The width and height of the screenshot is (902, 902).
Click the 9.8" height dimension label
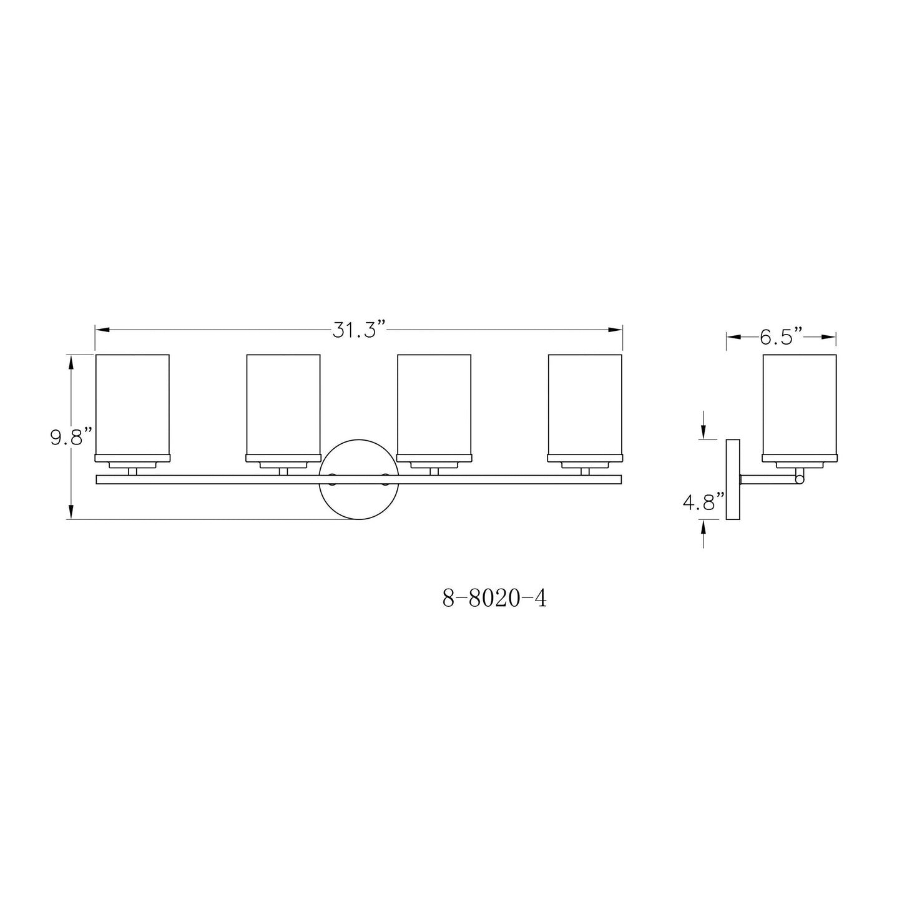click(x=71, y=436)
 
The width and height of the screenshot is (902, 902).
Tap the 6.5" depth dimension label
click(x=780, y=337)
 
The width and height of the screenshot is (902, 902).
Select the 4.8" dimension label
click(x=703, y=502)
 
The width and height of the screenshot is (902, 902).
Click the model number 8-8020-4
click(x=494, y=599)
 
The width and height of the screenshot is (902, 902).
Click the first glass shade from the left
click(x=132, y=403)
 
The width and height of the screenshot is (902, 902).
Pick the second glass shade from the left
click(x=283, y=403)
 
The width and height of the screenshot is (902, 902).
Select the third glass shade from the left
click(x=434, y=403)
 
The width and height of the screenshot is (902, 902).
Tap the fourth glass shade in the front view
click(x=585, y=403)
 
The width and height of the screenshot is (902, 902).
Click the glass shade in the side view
click(x=800, y=403)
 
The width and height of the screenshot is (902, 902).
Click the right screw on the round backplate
click(x=385, y=479)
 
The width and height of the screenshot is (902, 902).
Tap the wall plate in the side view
click(x=733, y=479)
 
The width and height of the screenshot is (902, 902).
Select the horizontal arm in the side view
click(x=768, y=479)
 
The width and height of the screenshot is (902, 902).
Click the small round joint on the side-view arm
click(x=800, y=479)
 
